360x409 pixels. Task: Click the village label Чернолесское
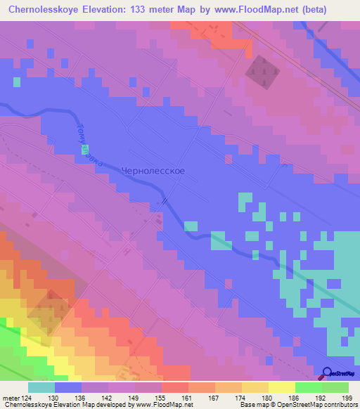(153, 171)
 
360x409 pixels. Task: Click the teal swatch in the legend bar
(41, 387)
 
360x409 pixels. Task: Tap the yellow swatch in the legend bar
(281, 387)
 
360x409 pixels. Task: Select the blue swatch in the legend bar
(68, 387)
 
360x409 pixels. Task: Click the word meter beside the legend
(11, 397)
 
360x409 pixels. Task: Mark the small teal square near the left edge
(16, 82)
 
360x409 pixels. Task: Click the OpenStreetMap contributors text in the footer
(321, 405)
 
